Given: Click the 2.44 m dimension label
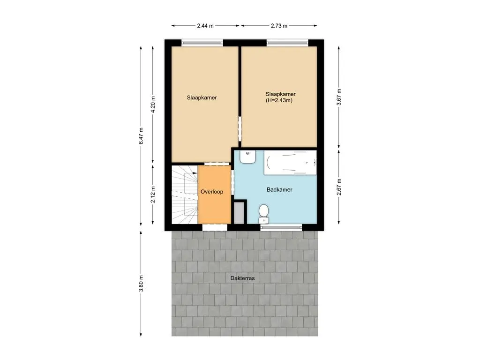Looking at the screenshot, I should (205, 26).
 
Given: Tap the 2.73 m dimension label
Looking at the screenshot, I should (279, 26).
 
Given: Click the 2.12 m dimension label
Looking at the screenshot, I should (153, 194).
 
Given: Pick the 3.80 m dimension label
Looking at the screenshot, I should (141, 284).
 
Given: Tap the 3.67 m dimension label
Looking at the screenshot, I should (339, 97).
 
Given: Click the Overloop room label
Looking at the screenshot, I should (211, 192).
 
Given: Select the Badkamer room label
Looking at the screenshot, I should (279, 190).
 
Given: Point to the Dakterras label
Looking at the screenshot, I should (242, 278).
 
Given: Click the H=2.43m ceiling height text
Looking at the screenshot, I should (278, 100).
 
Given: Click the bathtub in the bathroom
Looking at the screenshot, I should (290, 163).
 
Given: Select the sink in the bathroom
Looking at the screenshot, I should (247, 157).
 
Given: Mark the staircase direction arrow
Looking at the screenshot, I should (194, 173).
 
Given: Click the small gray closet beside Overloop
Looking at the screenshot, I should (239, 212).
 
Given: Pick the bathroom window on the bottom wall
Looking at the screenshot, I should (281, 228).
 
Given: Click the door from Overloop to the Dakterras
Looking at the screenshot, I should (215, 228).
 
